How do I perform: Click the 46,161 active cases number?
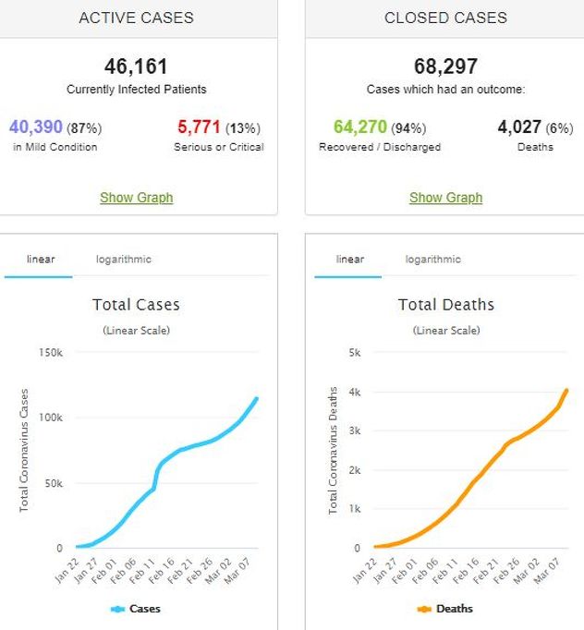pyautogui.click(x=136, y=67)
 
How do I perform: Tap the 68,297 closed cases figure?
pyautogui.click(x=445, y=67)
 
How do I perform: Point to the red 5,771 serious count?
pyautogui.click(x=199, y=127)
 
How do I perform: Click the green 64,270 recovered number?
pyautogui.click(x=353, y=127)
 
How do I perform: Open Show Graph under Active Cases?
pyautogui.click(x=136, y=197)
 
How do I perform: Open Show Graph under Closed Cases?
pyautogui.click(x=445, y=197)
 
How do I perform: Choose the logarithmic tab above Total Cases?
pyautogui.click(x=123, y=260)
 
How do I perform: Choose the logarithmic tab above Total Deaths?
pyautogui.click(x=432, y=260)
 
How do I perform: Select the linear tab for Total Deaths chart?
pyautogui.click(x=350, y=260)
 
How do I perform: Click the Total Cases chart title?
pyautogui.click(x=136, y=305)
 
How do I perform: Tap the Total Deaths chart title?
pyautogui.click(x=445, y=305)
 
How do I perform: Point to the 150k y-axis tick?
pyautogui.click(x=50, y=353)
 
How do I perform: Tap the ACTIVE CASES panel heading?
pyautogui.click(x=136, y=18)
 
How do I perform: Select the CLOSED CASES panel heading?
pyautogui.click(x=445, y=18)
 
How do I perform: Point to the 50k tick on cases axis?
pyautogui.click(x=53, y=483)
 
